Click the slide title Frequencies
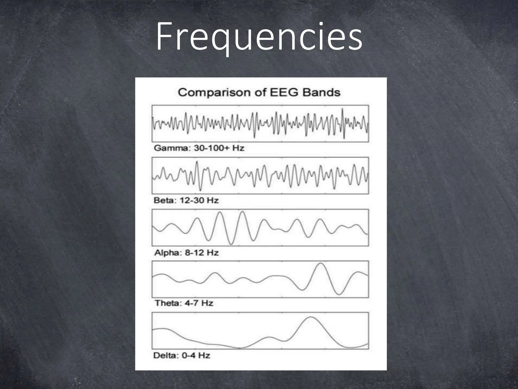259,37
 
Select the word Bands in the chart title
321,92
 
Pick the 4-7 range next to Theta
191,303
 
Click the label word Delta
165,356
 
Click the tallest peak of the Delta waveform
311,317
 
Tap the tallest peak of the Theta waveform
321,264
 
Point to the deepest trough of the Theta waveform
339,294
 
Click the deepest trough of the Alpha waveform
231,244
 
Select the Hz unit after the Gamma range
238,148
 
